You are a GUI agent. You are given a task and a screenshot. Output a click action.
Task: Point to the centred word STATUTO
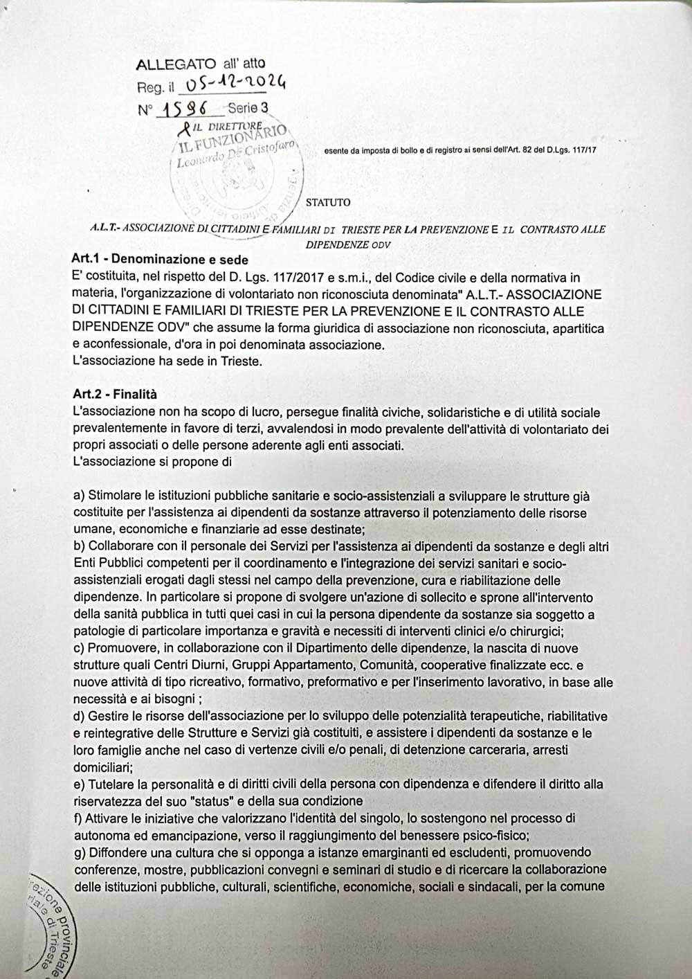tap(328, 203)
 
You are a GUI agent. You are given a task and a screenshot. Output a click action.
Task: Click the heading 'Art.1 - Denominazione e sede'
tap(160, 260)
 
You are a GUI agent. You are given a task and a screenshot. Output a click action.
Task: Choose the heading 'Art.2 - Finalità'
tap(115, 395)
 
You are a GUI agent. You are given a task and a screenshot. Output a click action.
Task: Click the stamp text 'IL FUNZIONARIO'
tap(233, 138)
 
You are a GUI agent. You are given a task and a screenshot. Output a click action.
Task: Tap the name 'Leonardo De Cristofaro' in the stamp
tap(235, 154)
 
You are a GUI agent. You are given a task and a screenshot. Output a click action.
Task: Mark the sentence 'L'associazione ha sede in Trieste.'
tap(167, 361)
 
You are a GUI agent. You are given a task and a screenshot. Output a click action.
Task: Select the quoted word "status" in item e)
tap(212, 802)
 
